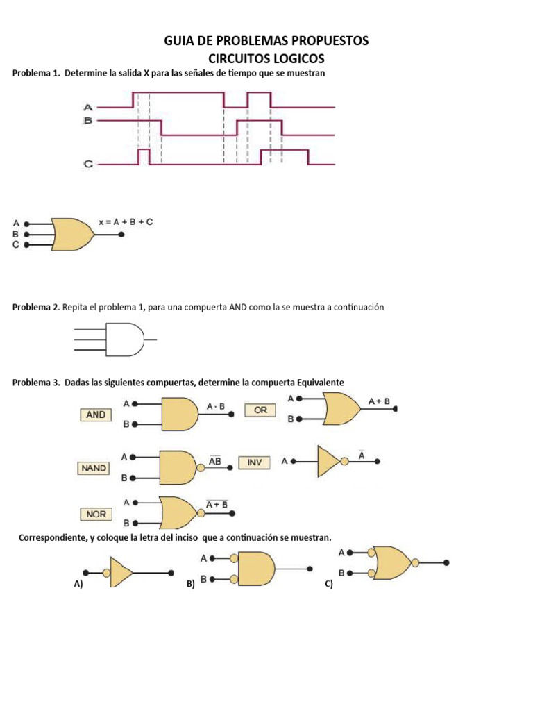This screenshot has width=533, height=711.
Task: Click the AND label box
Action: [96, 415]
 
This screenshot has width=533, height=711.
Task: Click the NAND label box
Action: [94, 469]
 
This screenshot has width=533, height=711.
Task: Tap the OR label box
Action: [260, 410]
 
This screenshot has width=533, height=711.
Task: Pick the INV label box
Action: [255, 462]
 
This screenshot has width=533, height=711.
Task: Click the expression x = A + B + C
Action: [126, 222]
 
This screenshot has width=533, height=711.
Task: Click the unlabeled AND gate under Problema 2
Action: [125, 340]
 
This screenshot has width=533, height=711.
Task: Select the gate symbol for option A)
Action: [120, 573]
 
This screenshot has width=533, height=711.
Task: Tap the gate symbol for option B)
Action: [256, 569]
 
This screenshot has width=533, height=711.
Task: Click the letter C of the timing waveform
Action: [88, 165]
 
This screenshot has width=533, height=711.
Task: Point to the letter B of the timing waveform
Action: [88, 121]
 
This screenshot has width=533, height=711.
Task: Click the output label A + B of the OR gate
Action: [379, 401]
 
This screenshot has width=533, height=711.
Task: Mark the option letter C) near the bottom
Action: [329, 585]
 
